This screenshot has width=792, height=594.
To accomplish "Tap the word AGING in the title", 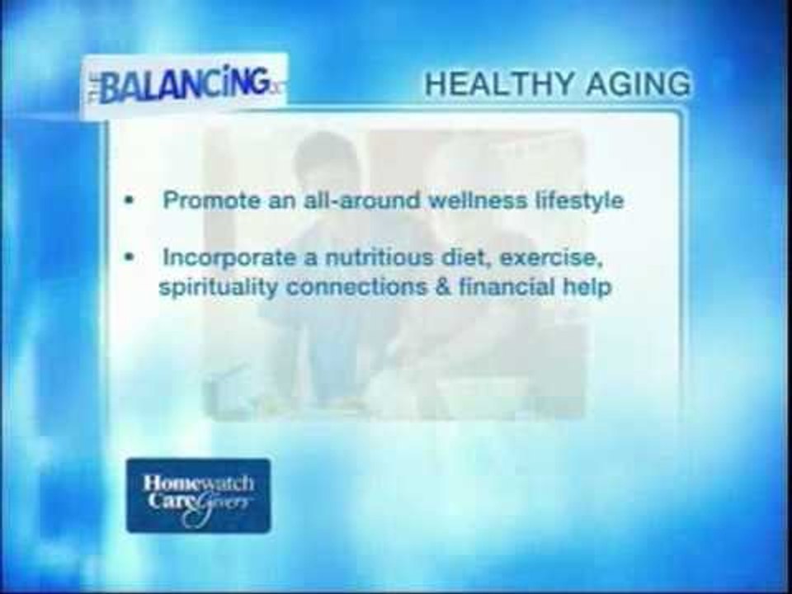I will (639, 84).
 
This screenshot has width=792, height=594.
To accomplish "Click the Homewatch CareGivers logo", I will (198, 495).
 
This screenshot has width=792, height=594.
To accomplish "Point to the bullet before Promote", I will (129, 201).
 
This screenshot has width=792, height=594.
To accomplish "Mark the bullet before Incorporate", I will (129, 257).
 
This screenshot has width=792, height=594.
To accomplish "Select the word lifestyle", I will (582, 200).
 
